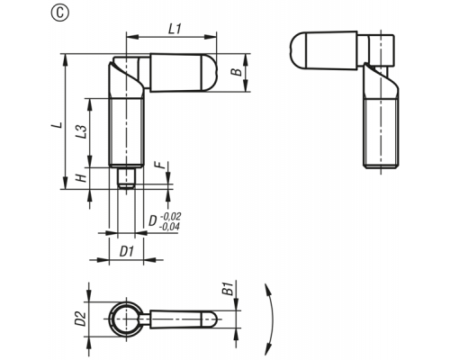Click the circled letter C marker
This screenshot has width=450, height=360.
point(60,13)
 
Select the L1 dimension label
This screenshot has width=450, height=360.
point(175,29)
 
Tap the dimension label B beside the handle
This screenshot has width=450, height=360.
point(237,72)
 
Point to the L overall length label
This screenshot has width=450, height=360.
point(58,125)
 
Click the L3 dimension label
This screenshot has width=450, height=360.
point(81,131)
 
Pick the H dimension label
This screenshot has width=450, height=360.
point(81,178)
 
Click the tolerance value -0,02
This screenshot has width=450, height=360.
point(171,216)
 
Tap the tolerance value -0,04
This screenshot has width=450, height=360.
point(169,227)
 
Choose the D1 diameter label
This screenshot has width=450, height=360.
point(126,252)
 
